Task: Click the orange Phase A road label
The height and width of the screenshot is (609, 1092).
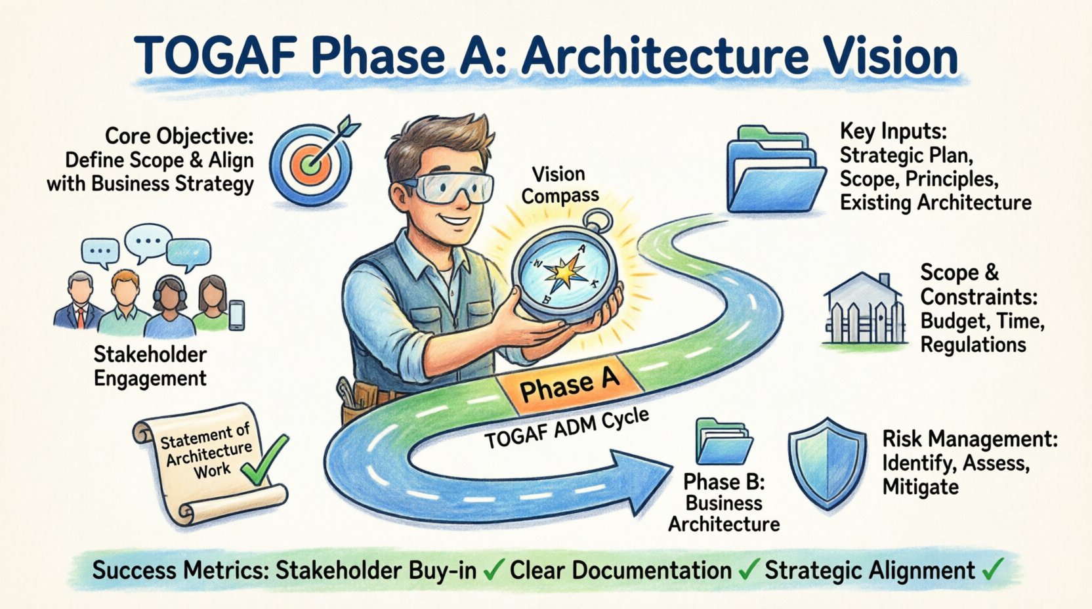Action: pos(568,385)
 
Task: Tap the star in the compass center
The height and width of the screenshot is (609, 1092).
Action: pos(565,274)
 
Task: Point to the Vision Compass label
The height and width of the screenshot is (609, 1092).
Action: pos(559,184)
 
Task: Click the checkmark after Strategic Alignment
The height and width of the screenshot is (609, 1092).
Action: pos(992,568)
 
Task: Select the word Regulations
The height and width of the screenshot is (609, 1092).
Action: pos(973,345)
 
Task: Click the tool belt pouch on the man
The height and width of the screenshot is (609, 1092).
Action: pos(360,397)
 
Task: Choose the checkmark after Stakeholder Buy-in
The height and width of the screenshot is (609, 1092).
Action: pos(491,570)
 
